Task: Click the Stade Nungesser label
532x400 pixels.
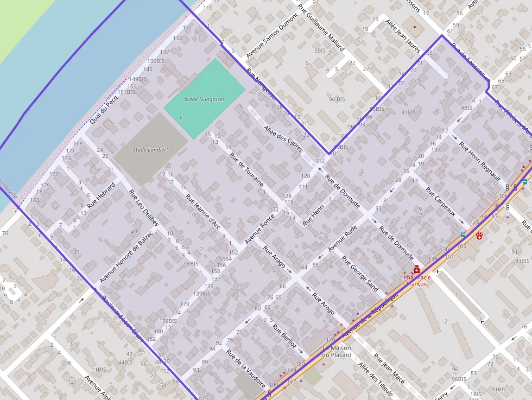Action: tap(204, 99)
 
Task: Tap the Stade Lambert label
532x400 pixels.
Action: tap(150, 150)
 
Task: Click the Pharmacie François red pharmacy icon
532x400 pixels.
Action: tap(417, 269)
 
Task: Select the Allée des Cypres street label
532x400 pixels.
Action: tap(283, 138)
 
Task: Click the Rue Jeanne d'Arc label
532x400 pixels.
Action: tap(202, 212)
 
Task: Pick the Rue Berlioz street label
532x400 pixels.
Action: tap(284, 335)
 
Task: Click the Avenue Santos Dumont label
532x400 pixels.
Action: tap(273, 41)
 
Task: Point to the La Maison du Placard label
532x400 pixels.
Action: tap(337, 351)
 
